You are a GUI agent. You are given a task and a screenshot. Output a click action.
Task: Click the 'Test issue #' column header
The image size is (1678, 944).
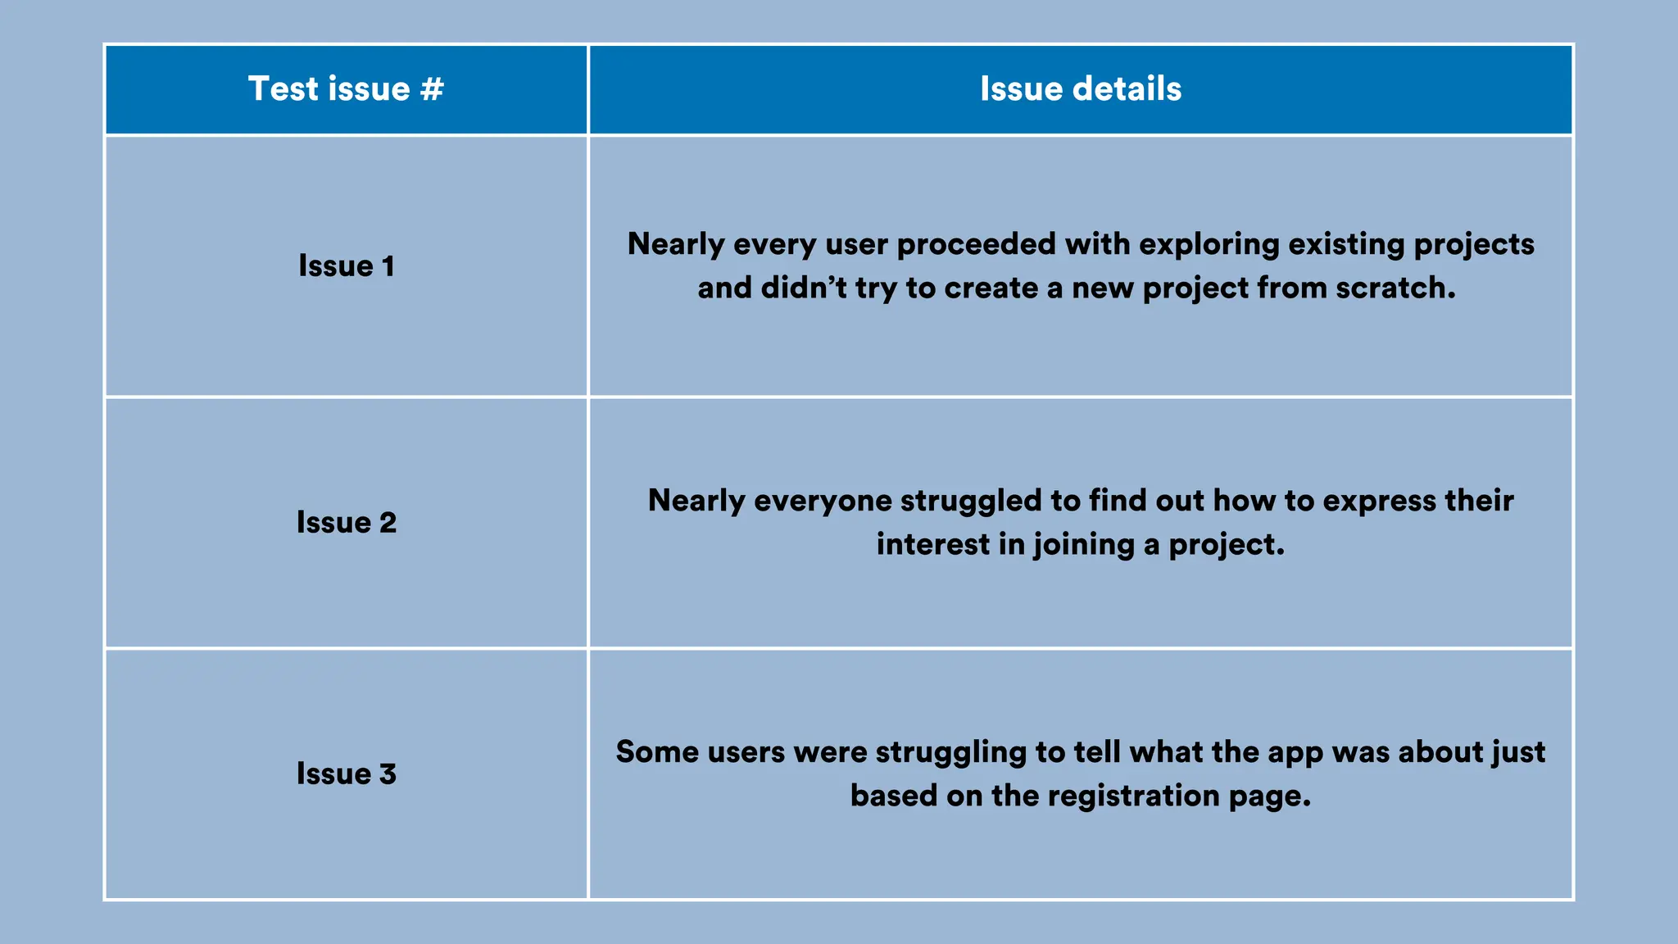(x=346, y=88)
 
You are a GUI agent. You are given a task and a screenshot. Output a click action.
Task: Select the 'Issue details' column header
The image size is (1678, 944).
(x=1080, y=88)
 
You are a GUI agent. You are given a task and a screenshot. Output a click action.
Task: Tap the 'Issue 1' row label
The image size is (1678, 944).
(x=346, y=265)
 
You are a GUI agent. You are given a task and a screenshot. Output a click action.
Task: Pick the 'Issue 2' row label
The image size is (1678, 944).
(x=346, y=522)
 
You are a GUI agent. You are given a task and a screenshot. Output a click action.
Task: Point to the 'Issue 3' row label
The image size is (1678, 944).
(x=346, y=774)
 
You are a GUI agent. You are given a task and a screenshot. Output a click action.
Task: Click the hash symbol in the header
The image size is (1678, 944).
(x=432, y=88)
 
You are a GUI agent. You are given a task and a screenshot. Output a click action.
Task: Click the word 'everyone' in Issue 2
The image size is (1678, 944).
(x=822, y=501)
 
